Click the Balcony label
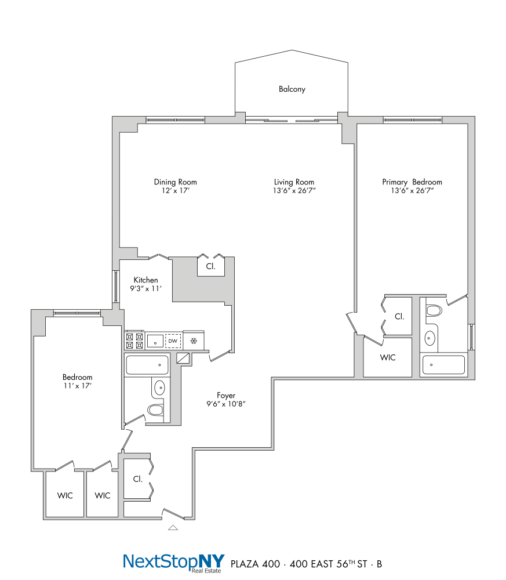pos(292,89)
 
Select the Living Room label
pos(294,182)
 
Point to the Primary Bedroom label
pos(412,182)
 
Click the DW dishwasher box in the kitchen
pos(173,340)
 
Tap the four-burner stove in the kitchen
pos(134,340)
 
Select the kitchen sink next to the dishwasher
pos(154,340)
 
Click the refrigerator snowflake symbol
pos(194,340)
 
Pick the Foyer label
pos(226,396)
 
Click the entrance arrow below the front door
pos(173,528)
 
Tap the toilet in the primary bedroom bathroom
pos(434,311)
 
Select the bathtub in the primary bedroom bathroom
pos(443,365)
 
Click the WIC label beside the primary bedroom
pos(388,358)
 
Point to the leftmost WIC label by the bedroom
pos(65,495)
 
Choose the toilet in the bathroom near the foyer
pos(155,411)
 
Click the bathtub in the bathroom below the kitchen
pos(147,365)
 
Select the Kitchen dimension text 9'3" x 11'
pos(145,288)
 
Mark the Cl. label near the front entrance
pos(137,479)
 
